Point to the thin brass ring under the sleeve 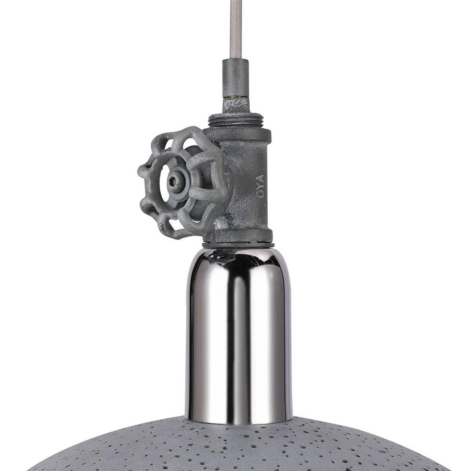(x=235, y=95)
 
